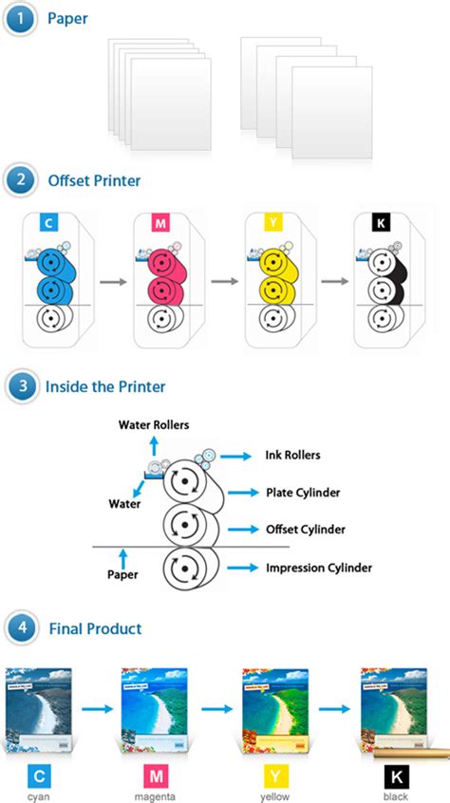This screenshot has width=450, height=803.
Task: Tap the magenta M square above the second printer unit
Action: [x=161, y=224]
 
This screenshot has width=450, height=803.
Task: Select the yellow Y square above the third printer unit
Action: [x=274, y=224]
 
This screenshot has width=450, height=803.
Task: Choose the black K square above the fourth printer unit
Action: [x=382, y=224]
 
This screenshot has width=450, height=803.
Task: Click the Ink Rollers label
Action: [x=292, y=455]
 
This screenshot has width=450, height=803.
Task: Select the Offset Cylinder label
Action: [x=305, y=529]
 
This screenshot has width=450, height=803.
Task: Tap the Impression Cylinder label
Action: [x=318, y=568]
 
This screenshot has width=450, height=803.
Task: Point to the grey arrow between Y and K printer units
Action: [x=333, y=281]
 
